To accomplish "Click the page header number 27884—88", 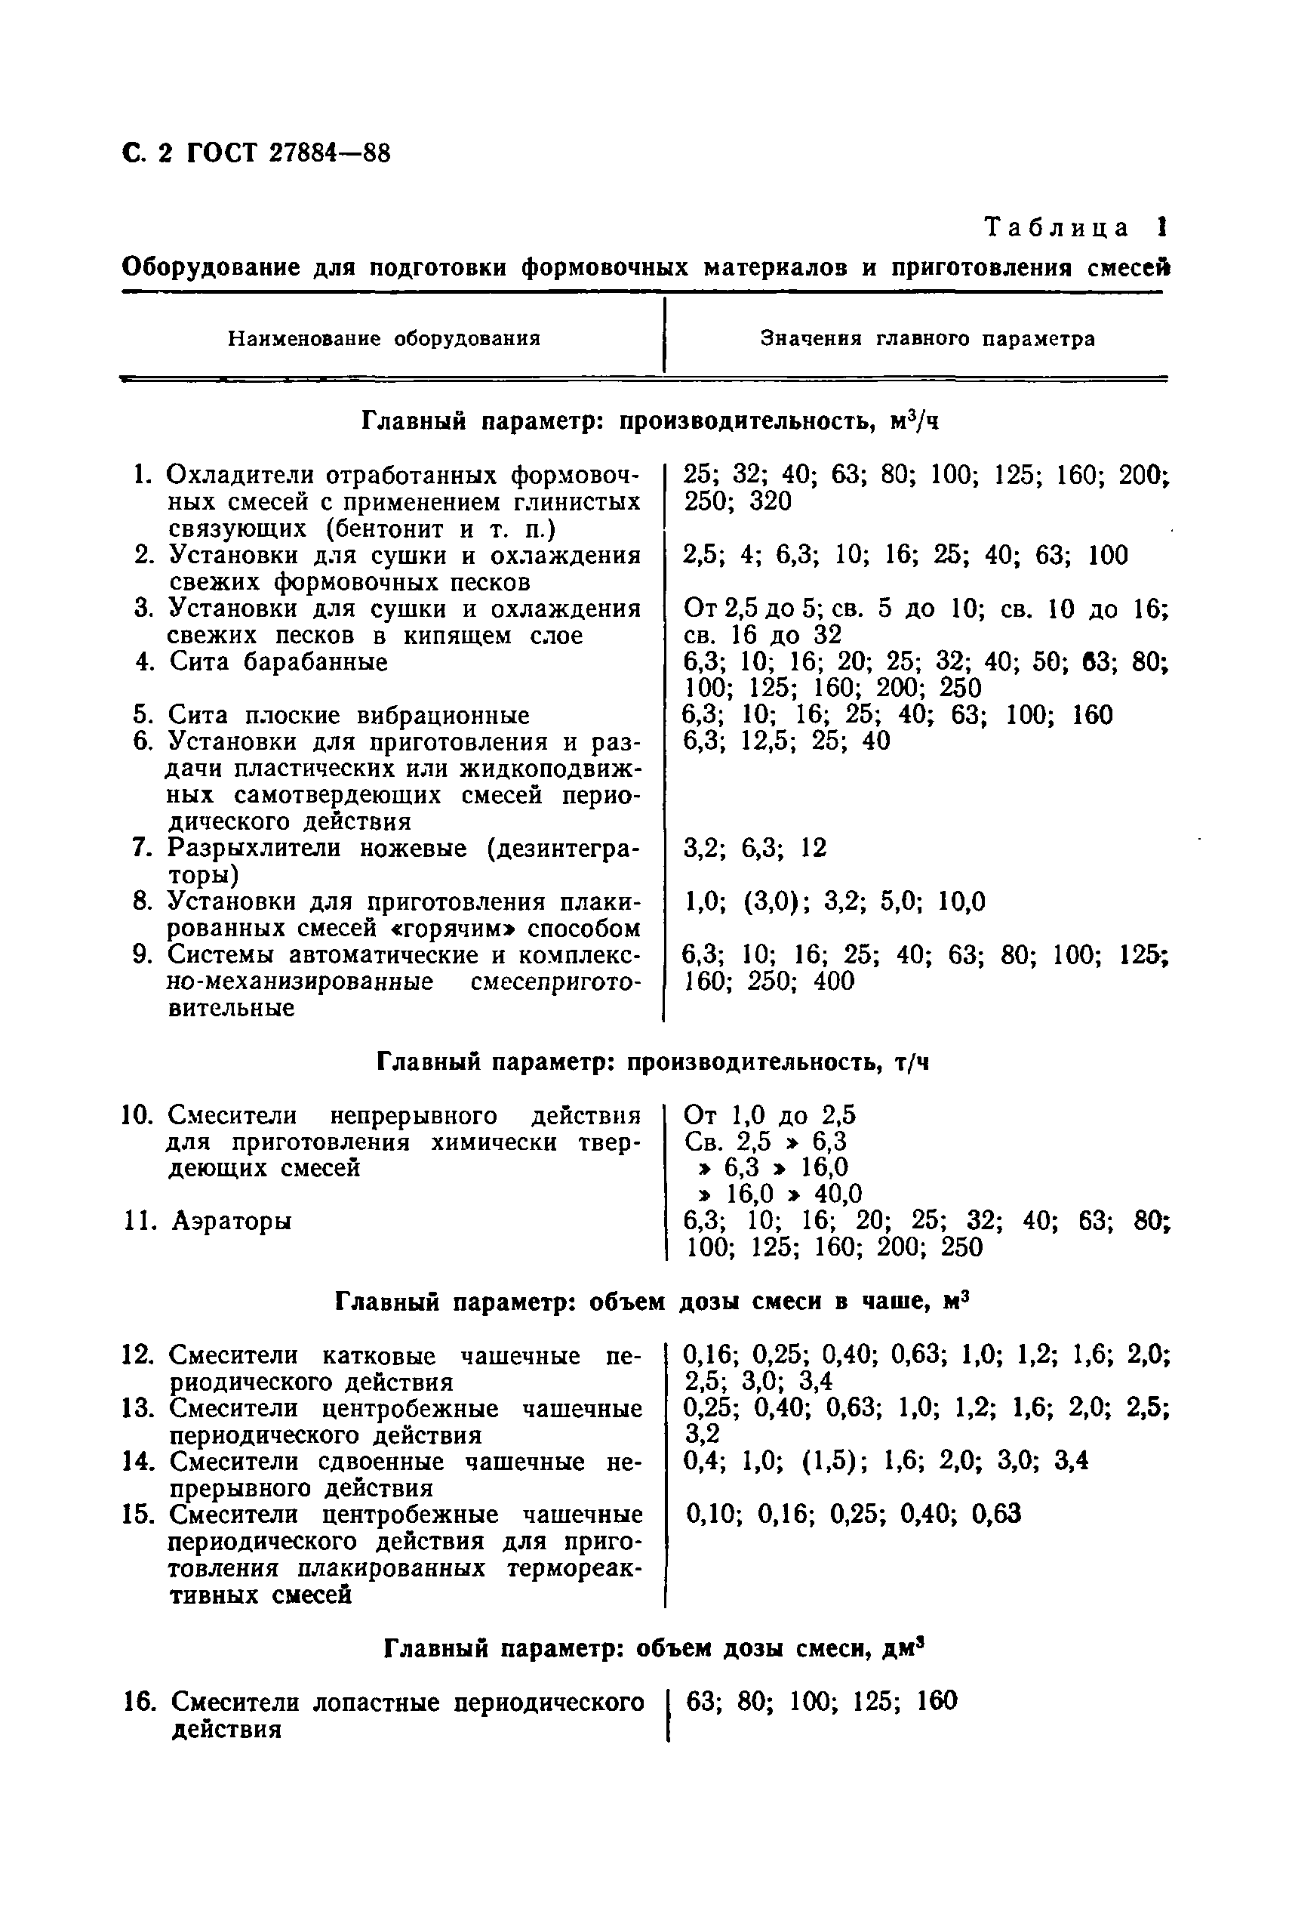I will (x=330, y=153).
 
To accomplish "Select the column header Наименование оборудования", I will (x=384, y=339).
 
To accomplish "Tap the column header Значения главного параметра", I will (x=927, y=339).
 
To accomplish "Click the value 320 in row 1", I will (x=770, y=501).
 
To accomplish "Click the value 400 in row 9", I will (x=834, y=981).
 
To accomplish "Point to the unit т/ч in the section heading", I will (x=912, y=1062).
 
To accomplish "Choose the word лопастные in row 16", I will (x=384, y=1701).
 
